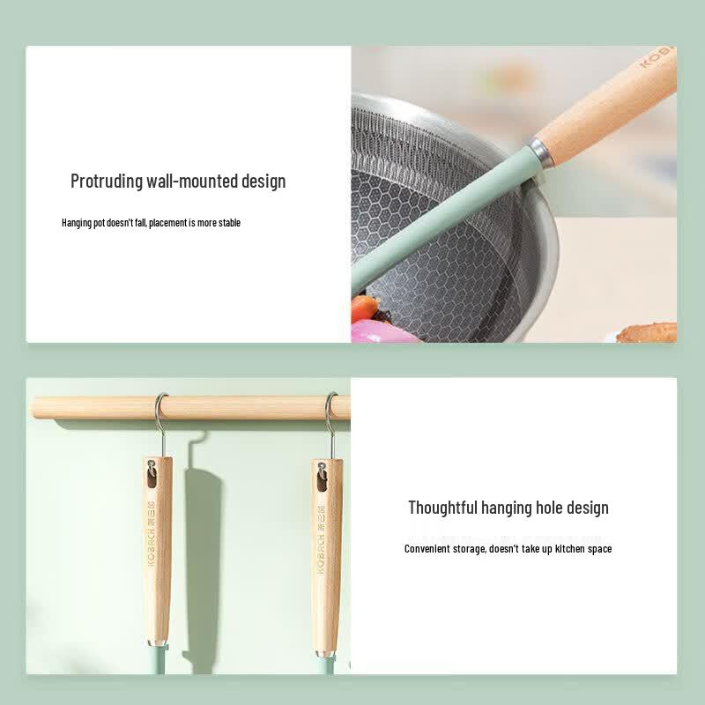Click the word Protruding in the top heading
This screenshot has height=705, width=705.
coord(107,182)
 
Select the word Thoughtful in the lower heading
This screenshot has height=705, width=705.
coord(442,508)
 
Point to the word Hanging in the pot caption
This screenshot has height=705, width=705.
coord(77,223)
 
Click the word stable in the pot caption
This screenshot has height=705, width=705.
coord(229,223)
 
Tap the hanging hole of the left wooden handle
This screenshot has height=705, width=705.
coord(151,477)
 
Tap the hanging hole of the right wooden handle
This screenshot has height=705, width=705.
coord(321,479)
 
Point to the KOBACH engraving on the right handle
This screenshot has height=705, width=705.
coord(321,538)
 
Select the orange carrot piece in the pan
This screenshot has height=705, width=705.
coord(364,308)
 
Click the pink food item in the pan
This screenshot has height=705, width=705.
coord(382,333)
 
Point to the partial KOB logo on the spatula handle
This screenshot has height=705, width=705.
coord(657,56)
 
